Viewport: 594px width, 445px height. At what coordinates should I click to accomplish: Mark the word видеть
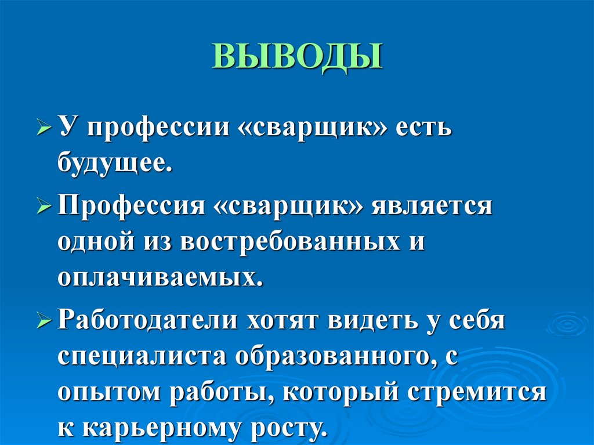coord(371,320)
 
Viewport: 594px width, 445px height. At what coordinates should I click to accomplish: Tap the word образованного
coord(332,356)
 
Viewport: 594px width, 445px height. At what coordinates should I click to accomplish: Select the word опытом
coord(107,392)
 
